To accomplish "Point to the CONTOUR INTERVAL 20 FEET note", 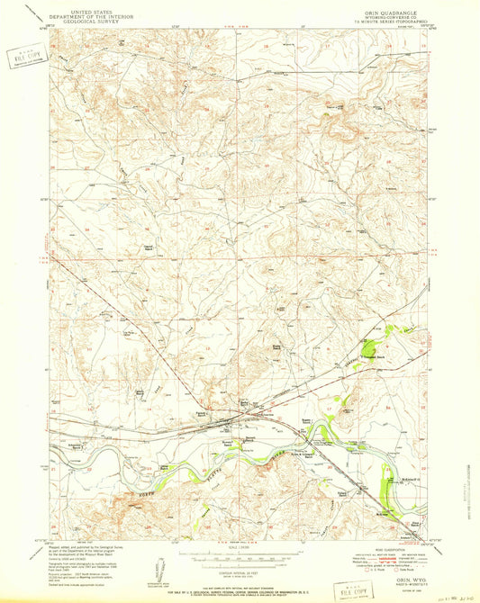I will (x=240, y=561).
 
